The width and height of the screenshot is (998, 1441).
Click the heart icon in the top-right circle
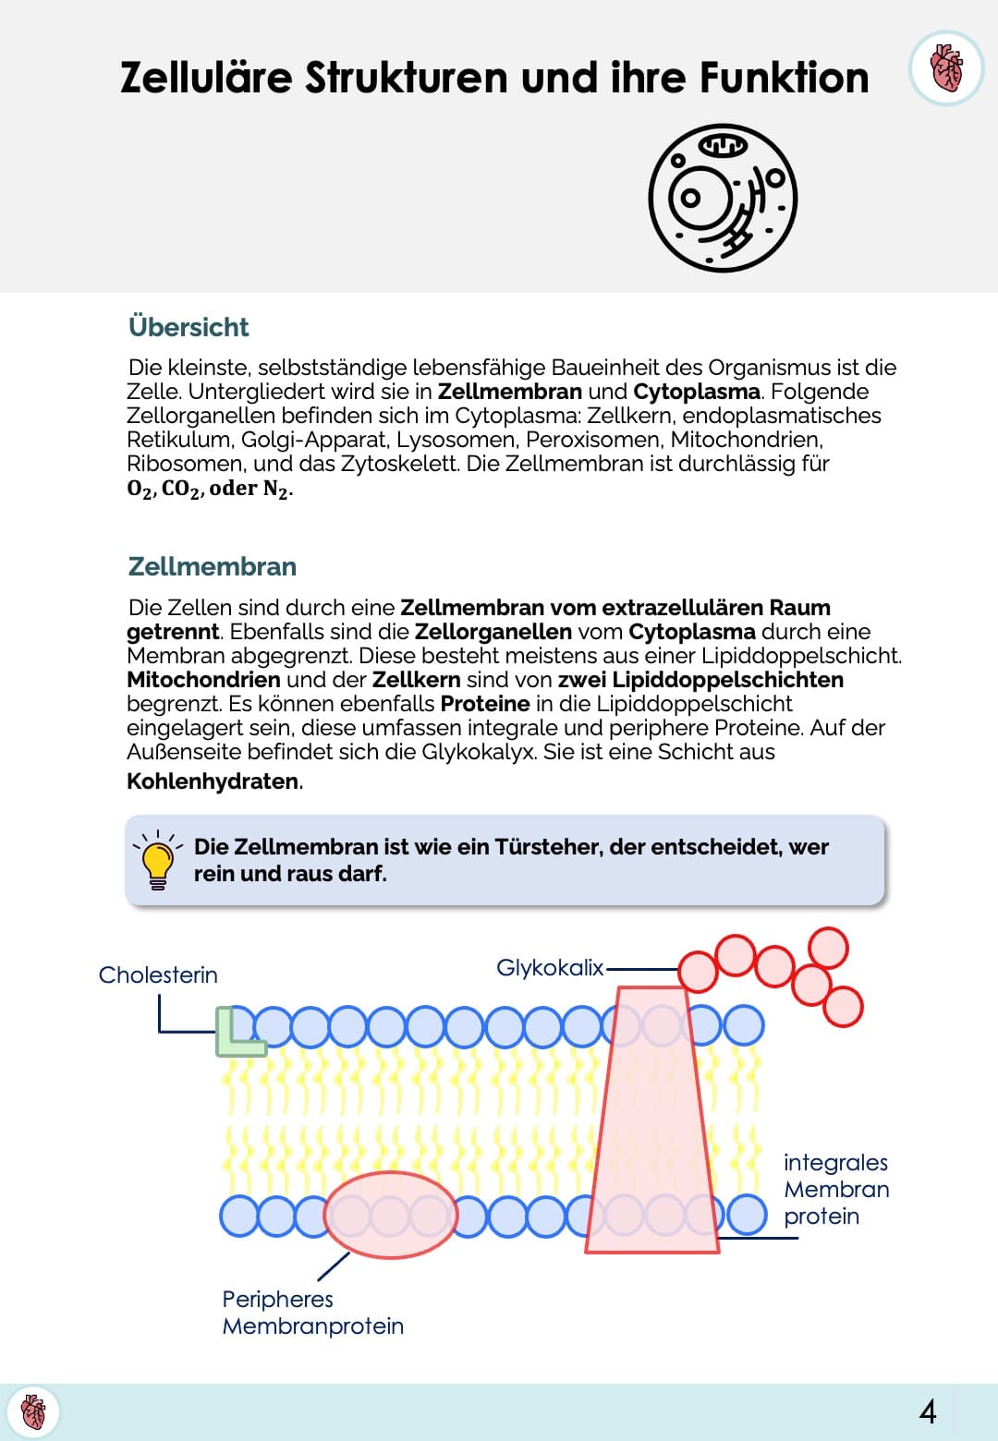[945, 68]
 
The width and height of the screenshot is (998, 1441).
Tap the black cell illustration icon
[723, 198]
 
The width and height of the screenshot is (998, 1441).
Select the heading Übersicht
[189, 327]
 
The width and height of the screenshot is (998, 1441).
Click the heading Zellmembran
[213, 566]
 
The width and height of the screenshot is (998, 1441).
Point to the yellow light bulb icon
[158, 860]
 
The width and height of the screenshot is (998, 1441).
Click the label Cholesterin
[158, 975]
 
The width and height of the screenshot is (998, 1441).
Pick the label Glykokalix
[550, 967]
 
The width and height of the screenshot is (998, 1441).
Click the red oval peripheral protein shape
[391, 1216]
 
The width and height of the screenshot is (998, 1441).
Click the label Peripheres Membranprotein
[312, 1313]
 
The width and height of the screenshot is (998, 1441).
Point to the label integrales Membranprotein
[835, 1189]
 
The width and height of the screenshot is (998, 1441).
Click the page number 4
[928, 1411]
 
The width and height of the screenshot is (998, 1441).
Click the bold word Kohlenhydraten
[213, 781]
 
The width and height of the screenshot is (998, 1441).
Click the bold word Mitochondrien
[203, 680]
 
